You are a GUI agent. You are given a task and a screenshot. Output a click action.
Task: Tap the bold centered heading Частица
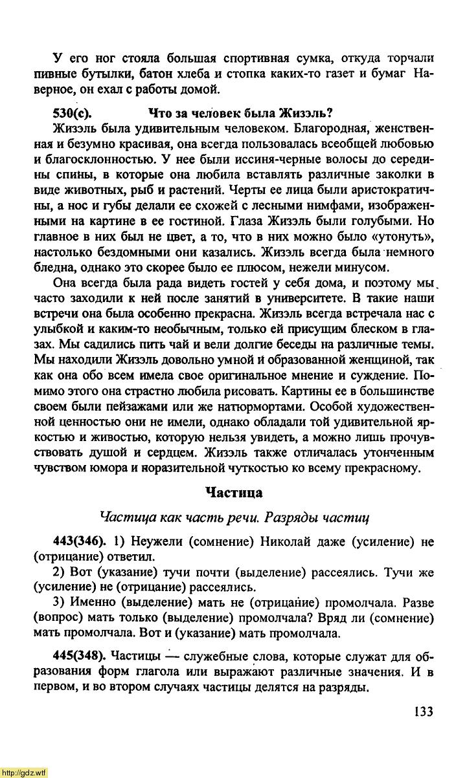[234, 493]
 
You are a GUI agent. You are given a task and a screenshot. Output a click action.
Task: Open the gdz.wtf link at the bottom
[24, 772]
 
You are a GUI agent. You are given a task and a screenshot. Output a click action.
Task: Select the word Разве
[418, 603]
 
